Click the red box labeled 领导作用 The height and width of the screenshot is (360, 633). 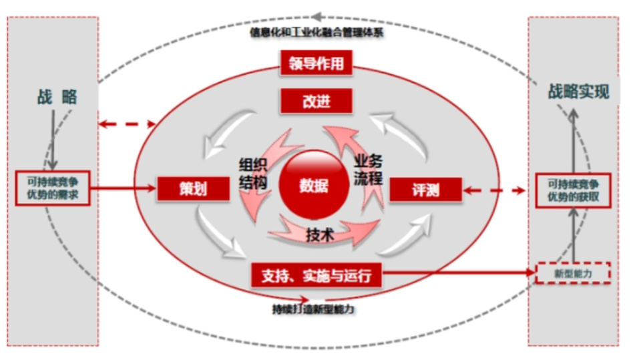[x=316, y=64]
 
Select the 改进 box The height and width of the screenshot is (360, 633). [x=316, y=102]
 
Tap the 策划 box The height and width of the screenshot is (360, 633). [x=192, y=189]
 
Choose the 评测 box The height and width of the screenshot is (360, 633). [x=425, y=190]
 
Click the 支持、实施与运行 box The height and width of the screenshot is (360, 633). [x=316, y=273]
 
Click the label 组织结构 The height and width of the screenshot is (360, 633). [x=253, y=172]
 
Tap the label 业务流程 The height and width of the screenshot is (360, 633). [x=368, y=169]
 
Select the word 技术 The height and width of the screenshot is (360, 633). [x=320, y=235]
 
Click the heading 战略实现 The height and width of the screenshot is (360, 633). [x=579, y=92]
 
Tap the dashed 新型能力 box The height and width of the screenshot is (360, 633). [x=574, y=273]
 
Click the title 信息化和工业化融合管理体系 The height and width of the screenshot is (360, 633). [x=316, y=32]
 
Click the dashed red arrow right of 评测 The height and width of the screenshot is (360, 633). [x=494, y=190]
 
